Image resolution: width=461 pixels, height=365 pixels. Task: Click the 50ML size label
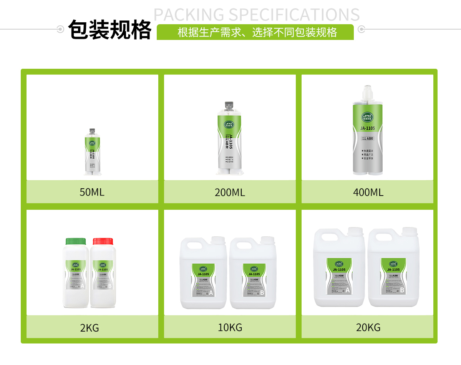tap(92, 192)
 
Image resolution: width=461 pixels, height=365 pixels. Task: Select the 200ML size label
tap(230, 192)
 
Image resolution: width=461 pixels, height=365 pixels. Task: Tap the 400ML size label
tap(368, 192)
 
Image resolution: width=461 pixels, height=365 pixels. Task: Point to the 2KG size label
tap(90, 328)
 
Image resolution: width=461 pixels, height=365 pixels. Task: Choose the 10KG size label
tap(230, 327)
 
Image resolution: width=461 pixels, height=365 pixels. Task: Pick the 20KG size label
tap(368, 327)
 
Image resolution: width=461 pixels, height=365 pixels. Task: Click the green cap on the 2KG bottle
tap(76, 241)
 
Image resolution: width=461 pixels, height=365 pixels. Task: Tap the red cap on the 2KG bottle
tap(103, 241)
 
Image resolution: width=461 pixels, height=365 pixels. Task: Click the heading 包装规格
tap(109, 30)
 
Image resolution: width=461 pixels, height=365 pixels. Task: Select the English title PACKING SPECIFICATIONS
tap(256, 15)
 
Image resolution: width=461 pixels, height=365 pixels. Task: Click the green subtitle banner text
tap(257, 32)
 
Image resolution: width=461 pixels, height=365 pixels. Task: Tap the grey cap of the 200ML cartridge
tap(230, 106)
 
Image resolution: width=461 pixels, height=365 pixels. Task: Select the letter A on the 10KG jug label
tap(211, 293)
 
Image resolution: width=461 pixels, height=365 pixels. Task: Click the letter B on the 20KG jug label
tap(402, 290)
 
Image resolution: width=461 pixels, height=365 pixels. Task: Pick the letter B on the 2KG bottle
tap(109, 286)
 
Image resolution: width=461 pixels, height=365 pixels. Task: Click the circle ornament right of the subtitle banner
tap(361, 29)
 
